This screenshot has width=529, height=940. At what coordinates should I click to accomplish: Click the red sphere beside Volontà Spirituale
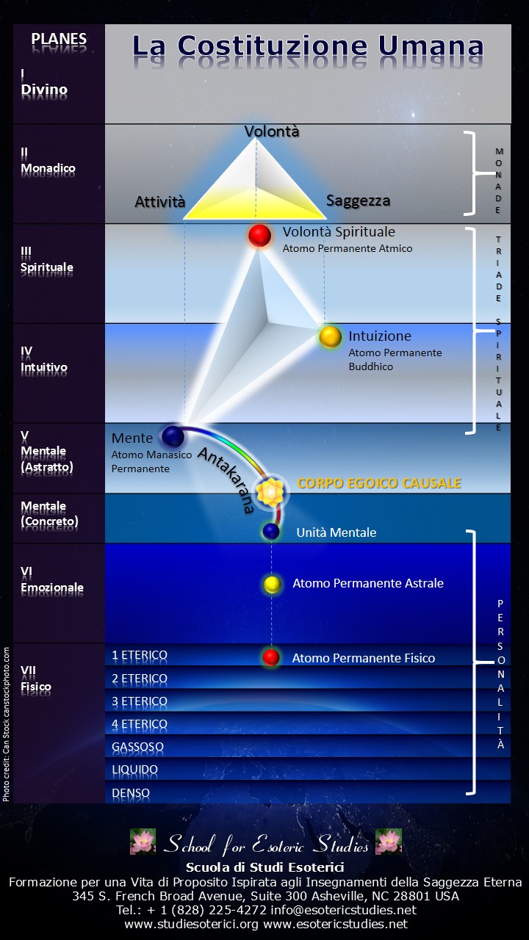[x=259, y=236]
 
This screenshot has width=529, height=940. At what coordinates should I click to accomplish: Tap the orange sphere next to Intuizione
[x=330, y=337]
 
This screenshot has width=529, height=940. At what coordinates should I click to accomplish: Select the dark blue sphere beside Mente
[x=173, y=436]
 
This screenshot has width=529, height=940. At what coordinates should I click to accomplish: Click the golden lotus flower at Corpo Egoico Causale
[x=270, y=491]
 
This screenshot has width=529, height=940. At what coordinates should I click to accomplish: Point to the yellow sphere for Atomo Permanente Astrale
[x=272, y=584]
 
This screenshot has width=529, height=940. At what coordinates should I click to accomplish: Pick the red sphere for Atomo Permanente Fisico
[x=271, y=657]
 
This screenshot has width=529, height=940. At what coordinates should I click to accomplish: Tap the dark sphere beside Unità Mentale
[x=271, y=531]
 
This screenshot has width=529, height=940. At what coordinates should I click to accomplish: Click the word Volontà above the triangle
[x=272, y=131]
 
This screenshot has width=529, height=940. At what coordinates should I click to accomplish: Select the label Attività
[x=160, y=202]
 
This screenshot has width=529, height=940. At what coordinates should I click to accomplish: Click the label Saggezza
[x=358, y=200]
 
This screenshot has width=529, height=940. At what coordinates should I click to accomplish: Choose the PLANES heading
[x=59, y=39]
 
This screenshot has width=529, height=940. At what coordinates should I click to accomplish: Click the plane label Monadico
[x=48, y=168]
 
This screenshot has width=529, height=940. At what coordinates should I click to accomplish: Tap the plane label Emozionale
[x=52, y=587]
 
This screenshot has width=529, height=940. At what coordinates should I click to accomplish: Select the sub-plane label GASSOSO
[x=137, y=747]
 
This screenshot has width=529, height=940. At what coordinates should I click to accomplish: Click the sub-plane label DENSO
[x=131, y=792]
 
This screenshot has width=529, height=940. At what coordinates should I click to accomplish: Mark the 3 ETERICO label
[x=140, y=701]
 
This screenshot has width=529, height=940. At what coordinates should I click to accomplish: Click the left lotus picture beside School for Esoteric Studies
[x=143, y=842]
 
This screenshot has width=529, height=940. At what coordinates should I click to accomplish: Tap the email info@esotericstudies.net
[x=343, y=910]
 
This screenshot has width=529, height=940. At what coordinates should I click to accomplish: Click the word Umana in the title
[x=431, y=46]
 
